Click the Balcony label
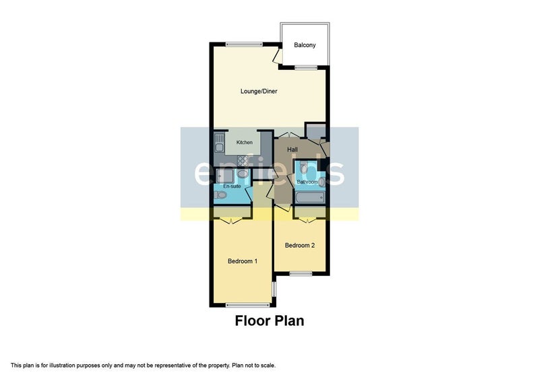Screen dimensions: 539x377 click(x=305, y=45)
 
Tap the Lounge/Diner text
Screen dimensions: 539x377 click(x=259, y=91)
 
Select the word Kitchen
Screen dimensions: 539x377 click(x=245, y=142)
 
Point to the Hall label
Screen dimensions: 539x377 click(x=292, y=149)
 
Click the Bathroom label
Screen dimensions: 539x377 click(x=307, y=182)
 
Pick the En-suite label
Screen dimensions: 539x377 click(x=232, y=186)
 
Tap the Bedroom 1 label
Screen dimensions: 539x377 click(x=243, y=261)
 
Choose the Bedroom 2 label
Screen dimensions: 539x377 click(x=300, y=245)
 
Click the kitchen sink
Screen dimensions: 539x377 click(x=219, y=143)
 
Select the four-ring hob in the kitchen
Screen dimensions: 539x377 click(x=243, y=161)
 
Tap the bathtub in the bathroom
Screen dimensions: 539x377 click(x=310, y=197)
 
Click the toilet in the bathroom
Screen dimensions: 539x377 click(x=304, y=168)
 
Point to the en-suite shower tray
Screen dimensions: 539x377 click(x=224, y=176)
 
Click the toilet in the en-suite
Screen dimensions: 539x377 click(x=220, y=195)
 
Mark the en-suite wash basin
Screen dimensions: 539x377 click(x=243, y=174)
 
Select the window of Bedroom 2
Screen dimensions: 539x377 click(x=300, y=273)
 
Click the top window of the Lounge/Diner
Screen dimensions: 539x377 click(x=244, y=44)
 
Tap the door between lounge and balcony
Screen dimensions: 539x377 click(x=278, y=57)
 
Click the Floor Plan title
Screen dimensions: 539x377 click(x=269, y=320)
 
